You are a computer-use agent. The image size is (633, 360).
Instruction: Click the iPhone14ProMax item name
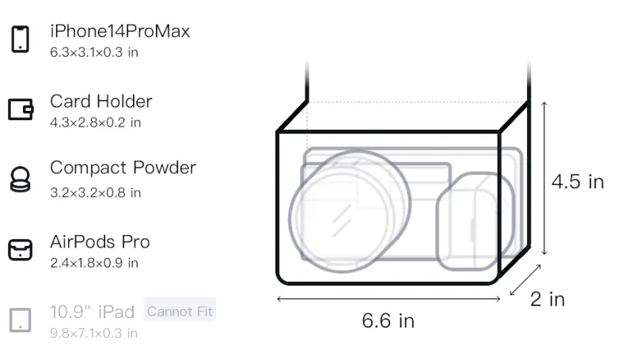click(x=120, y=31)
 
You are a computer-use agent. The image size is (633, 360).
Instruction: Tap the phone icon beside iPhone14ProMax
click(x=21, y=39)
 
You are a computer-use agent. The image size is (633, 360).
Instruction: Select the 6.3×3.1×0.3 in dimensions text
click(x=94, y=52)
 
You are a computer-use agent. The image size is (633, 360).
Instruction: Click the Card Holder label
click(x=101, y=101)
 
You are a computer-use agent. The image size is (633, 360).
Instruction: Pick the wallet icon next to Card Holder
click(x=21, y=109)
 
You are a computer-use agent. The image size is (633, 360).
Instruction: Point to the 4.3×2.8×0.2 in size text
click(x=95, y=123)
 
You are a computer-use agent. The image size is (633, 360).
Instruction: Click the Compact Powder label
click(x=123, y=168)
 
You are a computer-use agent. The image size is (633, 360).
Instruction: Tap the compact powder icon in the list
click(x=21, y=179)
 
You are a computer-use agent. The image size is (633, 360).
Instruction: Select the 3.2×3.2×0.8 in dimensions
click(x=95, y=192)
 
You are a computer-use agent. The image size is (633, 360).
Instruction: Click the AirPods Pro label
click(x=100, y=242)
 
